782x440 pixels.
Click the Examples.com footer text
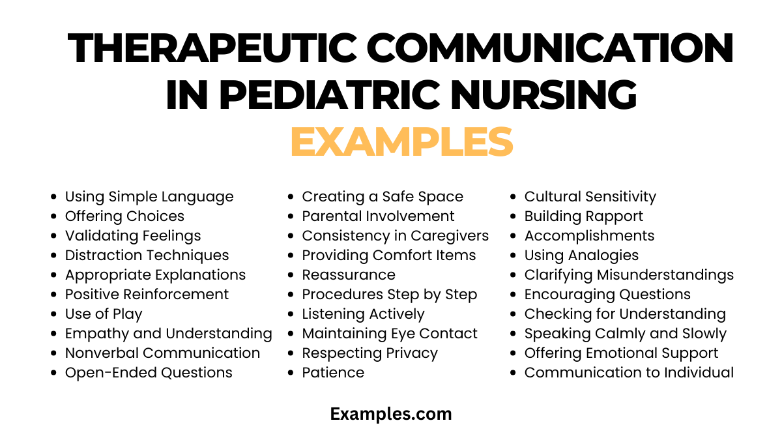[x=390, y=413]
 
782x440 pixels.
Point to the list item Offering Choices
[x=124, y=216]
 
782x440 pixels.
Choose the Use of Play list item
[x=104, y=314]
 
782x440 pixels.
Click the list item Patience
[x=333, y=373]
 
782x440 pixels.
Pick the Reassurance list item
[x=349, y=275]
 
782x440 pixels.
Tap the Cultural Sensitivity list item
[x=590, y=197]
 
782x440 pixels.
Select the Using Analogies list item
[x=581, y=256]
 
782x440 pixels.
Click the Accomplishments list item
[x=589, y=236]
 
